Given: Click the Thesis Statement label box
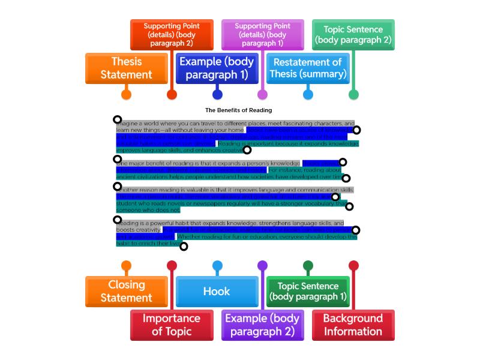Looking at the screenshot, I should [x=126, y=68].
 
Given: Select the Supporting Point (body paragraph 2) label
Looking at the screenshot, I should [x=172, y=35].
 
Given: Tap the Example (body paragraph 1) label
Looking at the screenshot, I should [x=217, y=68].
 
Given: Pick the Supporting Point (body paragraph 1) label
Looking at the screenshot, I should [x=262, y=35].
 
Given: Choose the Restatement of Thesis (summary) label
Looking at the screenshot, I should [x=308, y=68].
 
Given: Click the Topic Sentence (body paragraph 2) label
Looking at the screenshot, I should [x=353, y=35].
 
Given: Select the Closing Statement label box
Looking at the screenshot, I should [x=126, y=292].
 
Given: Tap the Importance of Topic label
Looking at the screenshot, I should [x=172, y=325].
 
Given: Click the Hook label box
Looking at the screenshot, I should [x=217, y=292].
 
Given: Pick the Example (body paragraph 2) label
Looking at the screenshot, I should [x=262, y=325].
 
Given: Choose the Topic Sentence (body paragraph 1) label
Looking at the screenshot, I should [x=308, y=292].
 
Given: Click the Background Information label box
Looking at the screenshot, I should [x=353, y=325].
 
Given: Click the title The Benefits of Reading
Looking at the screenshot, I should [x=238, y=110].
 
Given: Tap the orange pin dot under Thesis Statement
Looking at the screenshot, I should [x=126, y=94].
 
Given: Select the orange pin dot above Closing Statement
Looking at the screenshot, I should [x=126, y=266].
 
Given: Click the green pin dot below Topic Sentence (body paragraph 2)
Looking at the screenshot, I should [x=353, y=94].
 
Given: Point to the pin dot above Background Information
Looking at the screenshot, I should [x=353, y=266].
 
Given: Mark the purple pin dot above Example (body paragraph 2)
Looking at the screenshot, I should [x=262, y=266].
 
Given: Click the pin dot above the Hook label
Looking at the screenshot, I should [x=217, y=266].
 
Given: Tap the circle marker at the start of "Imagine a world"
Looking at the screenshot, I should [x=118, y=120].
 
